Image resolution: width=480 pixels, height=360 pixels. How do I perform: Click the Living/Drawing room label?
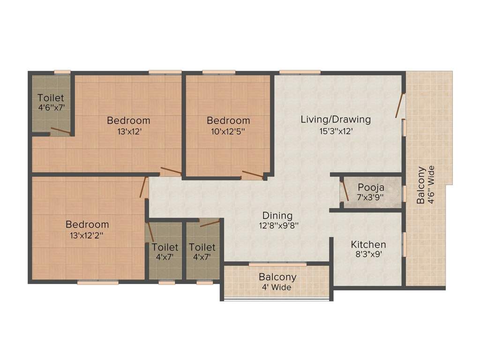[336, 120]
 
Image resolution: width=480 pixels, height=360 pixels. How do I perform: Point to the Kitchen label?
[368, 245]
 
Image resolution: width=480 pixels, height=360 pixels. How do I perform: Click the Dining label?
[277, 216]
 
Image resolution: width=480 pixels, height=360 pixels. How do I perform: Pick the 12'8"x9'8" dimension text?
[277, 225]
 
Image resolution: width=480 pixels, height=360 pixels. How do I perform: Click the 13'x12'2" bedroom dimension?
[87, 235]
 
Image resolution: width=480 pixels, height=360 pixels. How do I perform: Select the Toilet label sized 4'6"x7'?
[51, 98]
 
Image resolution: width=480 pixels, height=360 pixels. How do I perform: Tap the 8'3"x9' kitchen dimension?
[368, 255]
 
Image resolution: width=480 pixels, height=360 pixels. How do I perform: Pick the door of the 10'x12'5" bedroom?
[252, 175]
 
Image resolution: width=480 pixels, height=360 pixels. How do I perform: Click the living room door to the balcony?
[399, 106]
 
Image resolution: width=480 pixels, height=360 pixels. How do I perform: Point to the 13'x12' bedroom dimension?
[129, 132]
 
